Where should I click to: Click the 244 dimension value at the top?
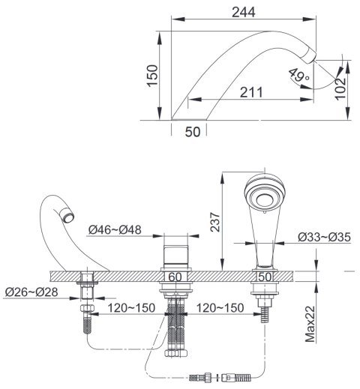(244, 12)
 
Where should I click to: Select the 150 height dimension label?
(152, 76)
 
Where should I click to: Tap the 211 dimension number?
(251, 92)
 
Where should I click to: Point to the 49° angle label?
(298, 76)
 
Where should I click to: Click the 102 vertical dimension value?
(340, 88)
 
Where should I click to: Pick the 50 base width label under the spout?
(193, 132)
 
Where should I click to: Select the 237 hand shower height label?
(215, 222)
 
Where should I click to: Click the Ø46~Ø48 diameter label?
(115, 230)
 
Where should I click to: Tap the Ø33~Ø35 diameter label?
(324, 237)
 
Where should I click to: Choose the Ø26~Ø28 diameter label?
(31, 292)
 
